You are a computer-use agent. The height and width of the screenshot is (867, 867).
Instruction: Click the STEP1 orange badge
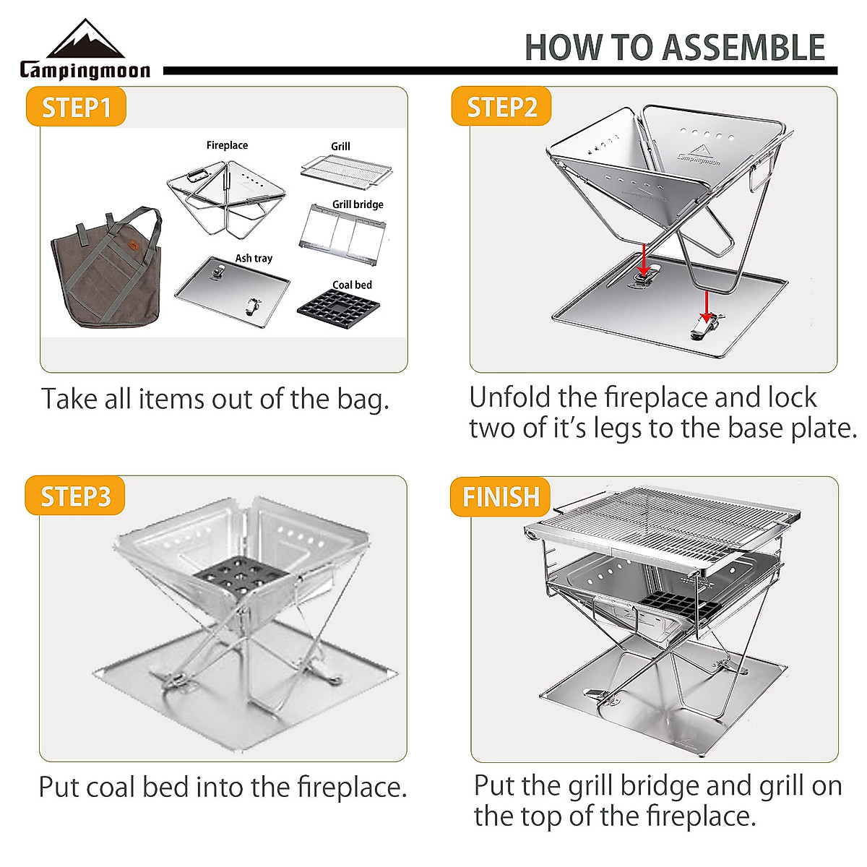(x=76, y=108)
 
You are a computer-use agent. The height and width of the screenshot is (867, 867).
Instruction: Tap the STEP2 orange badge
(x=501, y=108)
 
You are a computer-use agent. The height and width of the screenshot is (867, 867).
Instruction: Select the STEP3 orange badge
(x=75, y=496)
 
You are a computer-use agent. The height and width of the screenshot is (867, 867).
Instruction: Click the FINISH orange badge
(x=501, y=496)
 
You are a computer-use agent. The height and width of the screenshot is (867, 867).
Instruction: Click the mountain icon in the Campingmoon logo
(x=85, y=40)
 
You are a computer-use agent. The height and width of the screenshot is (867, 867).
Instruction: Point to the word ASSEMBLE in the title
(x=743, y=48)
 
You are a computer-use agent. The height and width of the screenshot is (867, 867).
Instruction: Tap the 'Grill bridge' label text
(x=358, y=204)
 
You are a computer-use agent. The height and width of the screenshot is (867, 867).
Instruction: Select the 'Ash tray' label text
(x=254, y=258)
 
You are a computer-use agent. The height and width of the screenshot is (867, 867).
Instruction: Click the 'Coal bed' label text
(x=352, y=285)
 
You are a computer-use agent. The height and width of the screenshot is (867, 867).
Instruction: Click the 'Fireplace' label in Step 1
(x=227, y=145)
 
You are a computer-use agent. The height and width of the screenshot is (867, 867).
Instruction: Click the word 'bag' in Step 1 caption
(x=363, y=400)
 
